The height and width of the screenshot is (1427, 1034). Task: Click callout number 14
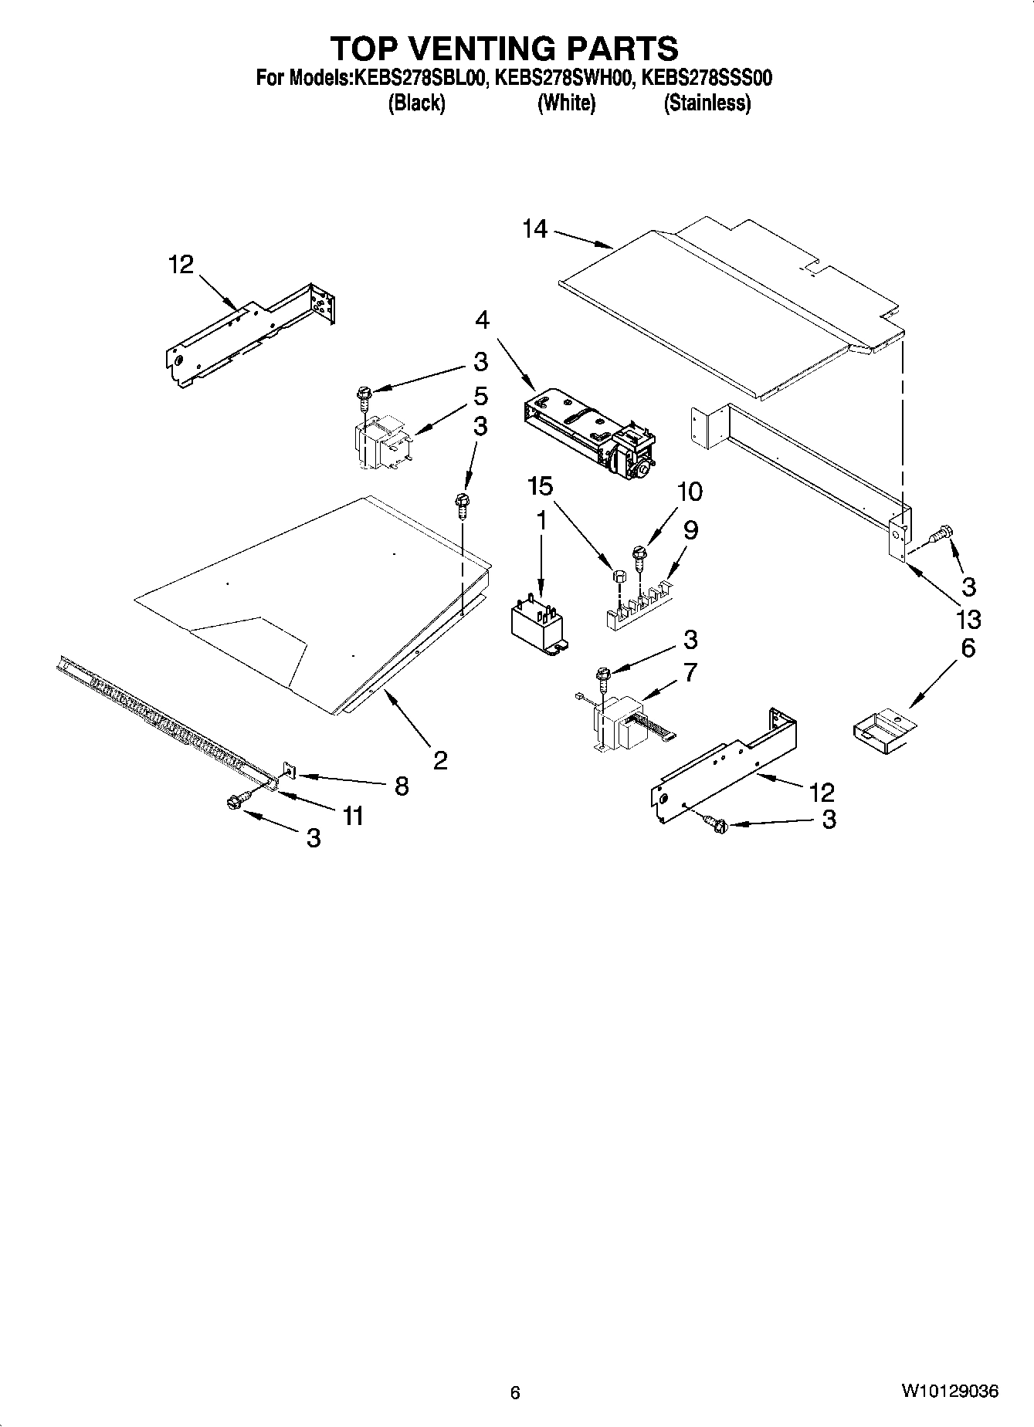point(534,229)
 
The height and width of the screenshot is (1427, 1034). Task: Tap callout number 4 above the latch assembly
point(482,320)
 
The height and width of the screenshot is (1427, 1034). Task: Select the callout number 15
point(541,486)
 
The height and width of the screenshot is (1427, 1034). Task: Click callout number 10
point(690,491)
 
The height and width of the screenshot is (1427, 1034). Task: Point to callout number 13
point(968,619)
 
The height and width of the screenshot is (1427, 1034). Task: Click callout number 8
point(402,786)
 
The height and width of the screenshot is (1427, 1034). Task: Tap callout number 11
point(353,816)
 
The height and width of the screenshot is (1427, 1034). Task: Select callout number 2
point(440,761)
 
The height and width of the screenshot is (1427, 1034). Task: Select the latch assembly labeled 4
point(591,432)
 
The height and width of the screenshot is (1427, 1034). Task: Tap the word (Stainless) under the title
point(707,103)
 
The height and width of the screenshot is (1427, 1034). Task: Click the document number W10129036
point(949,1391)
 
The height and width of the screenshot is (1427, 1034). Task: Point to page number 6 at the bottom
point(515,1393)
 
